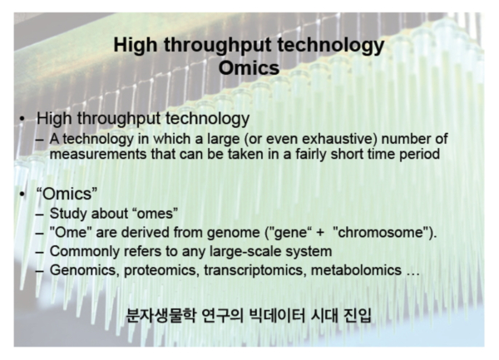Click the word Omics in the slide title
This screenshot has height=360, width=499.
[249, 67]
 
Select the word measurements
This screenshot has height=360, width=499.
[98, 155]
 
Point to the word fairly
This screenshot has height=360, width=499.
[311, 155]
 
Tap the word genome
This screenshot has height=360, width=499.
[233, 233]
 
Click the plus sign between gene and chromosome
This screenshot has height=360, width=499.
[320, 233]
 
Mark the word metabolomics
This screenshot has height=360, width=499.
[356, 270]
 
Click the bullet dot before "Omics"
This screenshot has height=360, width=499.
[22, 194]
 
